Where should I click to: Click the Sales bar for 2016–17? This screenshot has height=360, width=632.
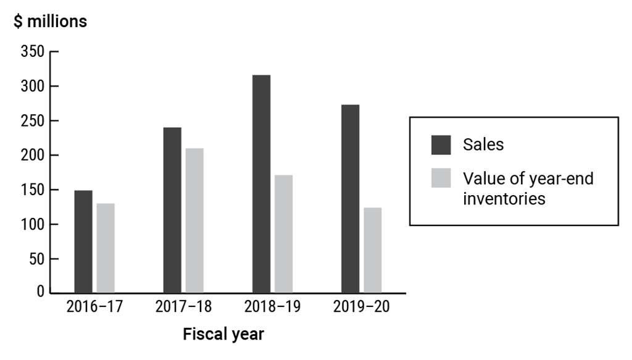coord(83,241)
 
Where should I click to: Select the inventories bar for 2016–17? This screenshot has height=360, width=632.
coord(106,248)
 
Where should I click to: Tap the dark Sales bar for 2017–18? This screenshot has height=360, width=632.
coord(172,210)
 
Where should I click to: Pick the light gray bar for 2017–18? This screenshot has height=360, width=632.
coord(194,220)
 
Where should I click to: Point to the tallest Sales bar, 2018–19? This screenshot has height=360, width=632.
coord(261,184)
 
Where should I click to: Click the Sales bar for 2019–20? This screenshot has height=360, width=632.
coord(350,199)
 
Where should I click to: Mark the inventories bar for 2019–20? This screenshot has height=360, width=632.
coord(372,250)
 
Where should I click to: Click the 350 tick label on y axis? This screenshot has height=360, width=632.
coord(32,52)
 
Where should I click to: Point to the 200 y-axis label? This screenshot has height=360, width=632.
coord(32,156)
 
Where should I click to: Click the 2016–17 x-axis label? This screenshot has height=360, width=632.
coord(94,307)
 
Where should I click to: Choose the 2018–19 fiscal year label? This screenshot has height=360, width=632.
coord(272,307)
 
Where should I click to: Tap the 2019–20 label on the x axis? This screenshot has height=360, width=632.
coord(361,307)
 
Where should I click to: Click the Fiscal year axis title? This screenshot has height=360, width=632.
coord(223,335)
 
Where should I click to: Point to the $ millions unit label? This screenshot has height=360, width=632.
coord(51,22)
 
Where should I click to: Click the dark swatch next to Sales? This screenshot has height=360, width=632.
coord(441,145)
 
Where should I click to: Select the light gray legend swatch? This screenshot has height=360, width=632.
coord(441,179)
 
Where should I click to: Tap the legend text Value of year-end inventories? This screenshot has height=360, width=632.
coord(528,189)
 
